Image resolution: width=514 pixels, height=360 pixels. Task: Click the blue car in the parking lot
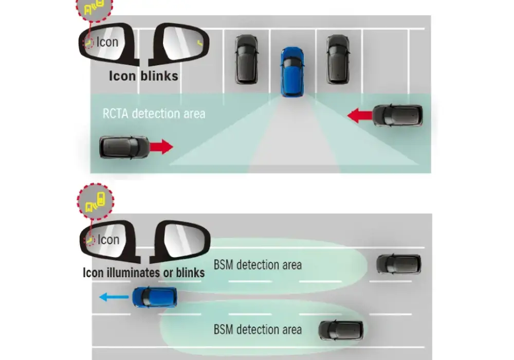click(x=292, y=72)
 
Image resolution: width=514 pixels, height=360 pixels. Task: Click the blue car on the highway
click(x=154, y=297)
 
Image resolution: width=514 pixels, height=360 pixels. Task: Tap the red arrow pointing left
click(x=360, y=116)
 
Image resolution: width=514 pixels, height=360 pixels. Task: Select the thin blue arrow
click(x=114, y=297)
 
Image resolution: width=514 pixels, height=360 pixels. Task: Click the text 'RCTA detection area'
click(x=154, y=114)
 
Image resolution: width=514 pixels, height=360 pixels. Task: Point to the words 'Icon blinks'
click(x=143, y=76)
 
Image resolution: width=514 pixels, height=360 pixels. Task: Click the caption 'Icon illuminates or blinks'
click(x=143, y=273)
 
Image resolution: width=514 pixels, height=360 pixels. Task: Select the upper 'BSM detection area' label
click(x=258, y=265)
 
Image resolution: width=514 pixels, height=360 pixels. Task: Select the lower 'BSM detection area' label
click(x=258, y=330)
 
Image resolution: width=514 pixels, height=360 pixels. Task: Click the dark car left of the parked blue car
click(x=247, y=59)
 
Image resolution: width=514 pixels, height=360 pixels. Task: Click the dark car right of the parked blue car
click(x=338, y=59)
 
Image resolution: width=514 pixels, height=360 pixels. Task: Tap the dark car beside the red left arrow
click(x=398, y=115)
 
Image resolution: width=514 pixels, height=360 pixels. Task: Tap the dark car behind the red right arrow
click(x=124, y=147)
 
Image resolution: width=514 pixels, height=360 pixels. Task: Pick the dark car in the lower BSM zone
click(x=341, y=330)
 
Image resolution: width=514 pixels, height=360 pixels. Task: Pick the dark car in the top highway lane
click(x=399, y=264)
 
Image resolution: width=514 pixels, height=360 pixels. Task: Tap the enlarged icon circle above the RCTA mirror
click(x=95, y=7)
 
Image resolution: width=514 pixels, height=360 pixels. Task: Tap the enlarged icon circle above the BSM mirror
click(x=96, y=201)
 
